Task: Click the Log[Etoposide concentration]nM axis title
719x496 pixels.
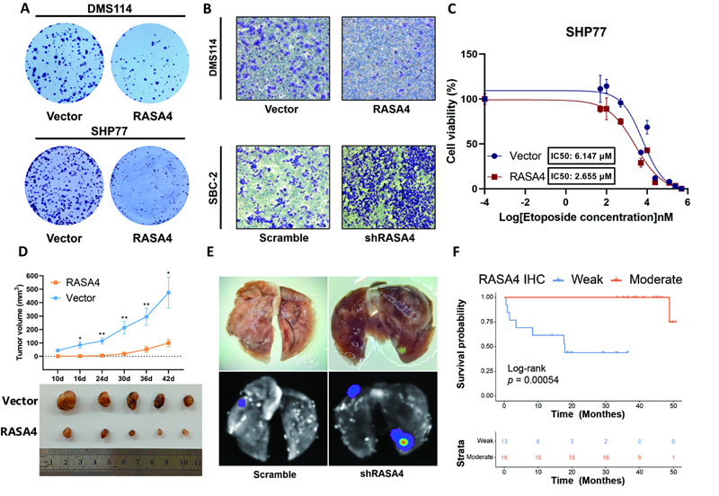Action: click(581, 219)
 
